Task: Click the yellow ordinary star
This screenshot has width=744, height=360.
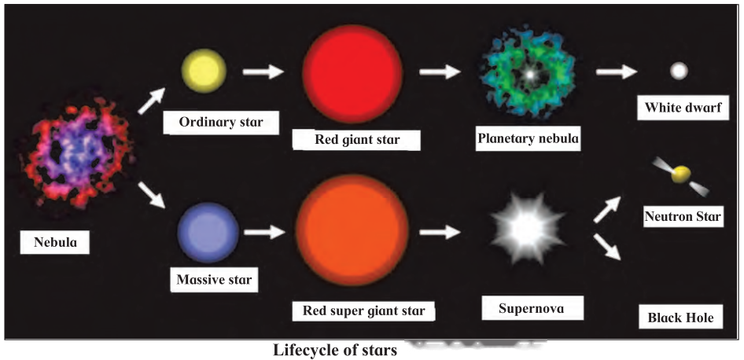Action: tap(204, 72)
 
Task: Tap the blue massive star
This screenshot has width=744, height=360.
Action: tap(208, 233)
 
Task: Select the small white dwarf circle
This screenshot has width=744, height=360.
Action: tap(679, 72)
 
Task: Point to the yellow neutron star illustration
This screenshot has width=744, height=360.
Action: tap(681, 175)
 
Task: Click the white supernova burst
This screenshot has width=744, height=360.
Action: tap(528, 229)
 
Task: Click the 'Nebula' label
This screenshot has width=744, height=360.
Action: tap(55, 242)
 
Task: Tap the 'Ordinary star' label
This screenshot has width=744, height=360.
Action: tap(221, 122)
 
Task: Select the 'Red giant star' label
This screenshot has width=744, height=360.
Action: tap(357, 140)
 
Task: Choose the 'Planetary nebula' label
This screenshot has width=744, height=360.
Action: tap(528, 138)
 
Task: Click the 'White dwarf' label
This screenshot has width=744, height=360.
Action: tap(683, 108)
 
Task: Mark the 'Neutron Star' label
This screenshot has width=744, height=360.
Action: tap(683, 217)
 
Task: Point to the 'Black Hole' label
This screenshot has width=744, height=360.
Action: tap(680, 318)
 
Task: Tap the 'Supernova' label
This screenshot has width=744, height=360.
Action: tap(531, 309)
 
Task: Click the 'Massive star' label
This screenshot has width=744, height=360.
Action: tap(214, 279)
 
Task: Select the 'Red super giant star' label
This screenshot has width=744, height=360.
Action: tap(364, 311)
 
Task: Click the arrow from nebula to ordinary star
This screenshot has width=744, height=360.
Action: tap(151, 101)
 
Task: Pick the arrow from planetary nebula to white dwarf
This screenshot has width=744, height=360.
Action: tap(617, 72)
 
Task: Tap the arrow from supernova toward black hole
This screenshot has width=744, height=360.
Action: tap(607, 247)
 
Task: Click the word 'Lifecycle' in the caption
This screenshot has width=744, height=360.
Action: tap(303, 351)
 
